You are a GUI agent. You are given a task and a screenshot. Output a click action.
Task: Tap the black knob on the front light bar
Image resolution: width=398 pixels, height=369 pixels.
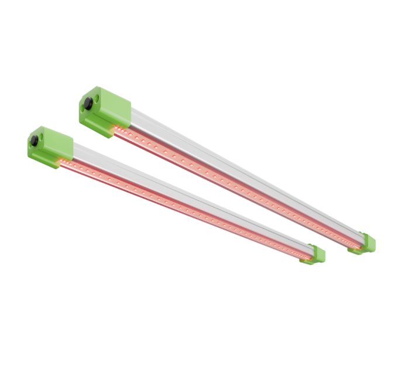coord(35,140)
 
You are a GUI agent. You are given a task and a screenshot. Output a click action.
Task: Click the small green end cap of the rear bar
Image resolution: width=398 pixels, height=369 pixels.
coord(366,243)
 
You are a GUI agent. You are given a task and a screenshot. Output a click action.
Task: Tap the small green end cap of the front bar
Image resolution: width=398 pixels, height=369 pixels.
coord(316,254)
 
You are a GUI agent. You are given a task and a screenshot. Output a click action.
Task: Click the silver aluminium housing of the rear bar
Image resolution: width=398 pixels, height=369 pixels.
coord(246,170)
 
